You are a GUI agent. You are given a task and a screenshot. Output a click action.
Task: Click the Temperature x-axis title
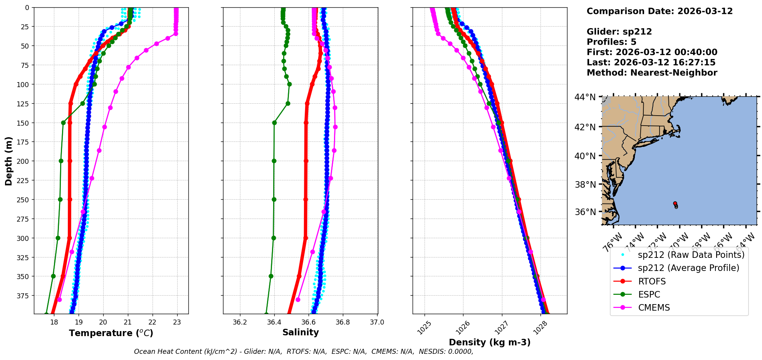(111, 333)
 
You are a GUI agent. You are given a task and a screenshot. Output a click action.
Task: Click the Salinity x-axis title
(300, 332)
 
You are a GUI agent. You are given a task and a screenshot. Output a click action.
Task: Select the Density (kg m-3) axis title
(490, 342)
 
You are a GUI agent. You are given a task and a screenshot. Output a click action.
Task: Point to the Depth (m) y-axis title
(8, 161)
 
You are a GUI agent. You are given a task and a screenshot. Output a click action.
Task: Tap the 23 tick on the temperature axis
(177, 323)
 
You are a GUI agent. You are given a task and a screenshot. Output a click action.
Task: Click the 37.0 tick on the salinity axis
(377, 322)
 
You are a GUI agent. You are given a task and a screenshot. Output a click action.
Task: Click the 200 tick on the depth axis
(24, 161)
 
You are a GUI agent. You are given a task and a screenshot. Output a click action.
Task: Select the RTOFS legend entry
(652, 281)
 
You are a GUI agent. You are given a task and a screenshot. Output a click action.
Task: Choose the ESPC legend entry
(649, 294)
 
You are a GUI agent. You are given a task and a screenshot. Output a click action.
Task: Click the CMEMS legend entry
(654, 308)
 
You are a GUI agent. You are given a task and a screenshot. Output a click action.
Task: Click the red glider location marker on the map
(675, 203)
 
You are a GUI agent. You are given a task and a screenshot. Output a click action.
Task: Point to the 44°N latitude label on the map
(585, 97)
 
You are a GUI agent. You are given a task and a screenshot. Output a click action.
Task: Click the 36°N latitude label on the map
(585, 212)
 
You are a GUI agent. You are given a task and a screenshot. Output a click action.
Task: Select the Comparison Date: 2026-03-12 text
(660, 11)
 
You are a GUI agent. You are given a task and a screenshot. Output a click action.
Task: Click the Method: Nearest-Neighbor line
(652, 72)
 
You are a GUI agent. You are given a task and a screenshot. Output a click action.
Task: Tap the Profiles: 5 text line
(611, 42)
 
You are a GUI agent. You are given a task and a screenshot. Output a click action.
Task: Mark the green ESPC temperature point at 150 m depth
(63, 123)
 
